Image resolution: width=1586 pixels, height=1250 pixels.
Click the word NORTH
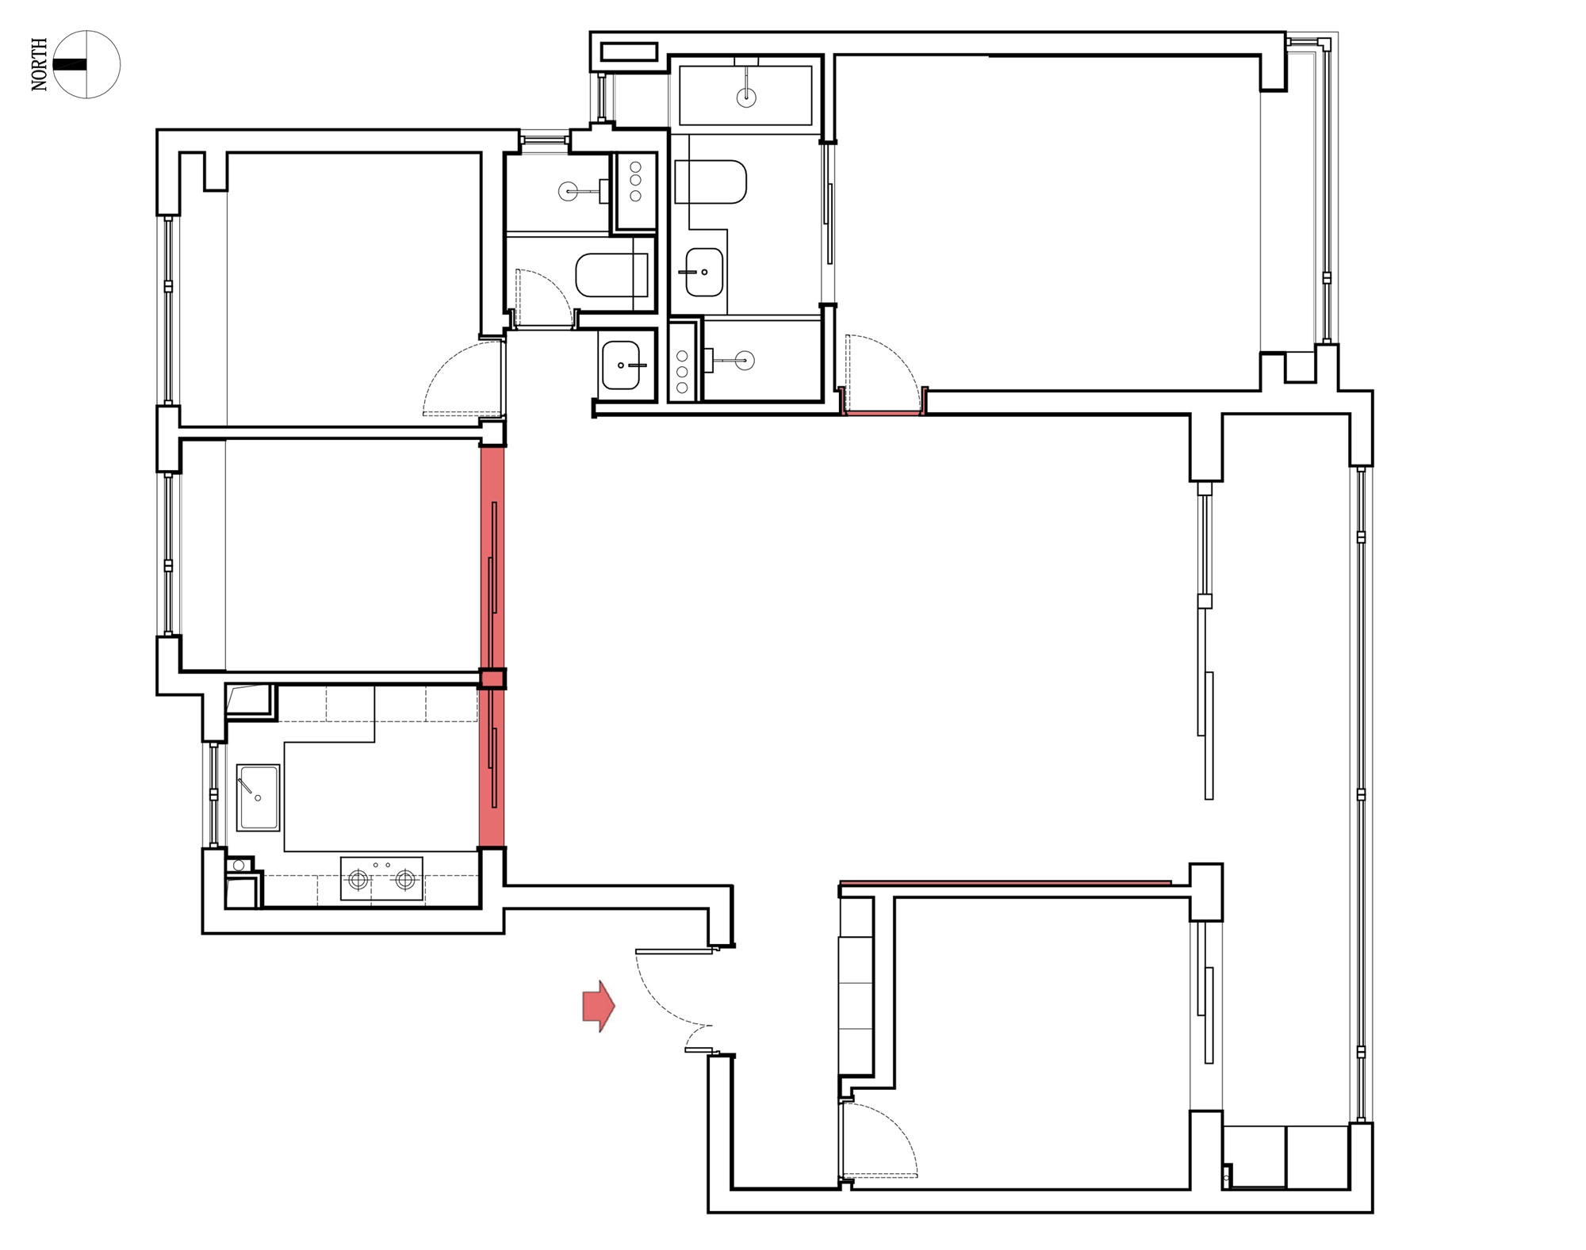point(40,64)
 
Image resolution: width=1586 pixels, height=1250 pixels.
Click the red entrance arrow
point(599,1006)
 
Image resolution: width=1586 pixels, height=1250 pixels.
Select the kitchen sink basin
point(258,797)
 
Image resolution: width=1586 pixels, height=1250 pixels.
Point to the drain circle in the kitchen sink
point(258,798)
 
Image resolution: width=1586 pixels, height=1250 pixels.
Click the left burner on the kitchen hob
point(358,878)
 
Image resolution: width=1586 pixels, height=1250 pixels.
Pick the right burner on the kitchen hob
point(405,878)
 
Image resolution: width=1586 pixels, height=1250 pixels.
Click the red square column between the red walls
point(492,679)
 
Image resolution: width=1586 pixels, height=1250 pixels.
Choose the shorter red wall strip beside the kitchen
point(492,768)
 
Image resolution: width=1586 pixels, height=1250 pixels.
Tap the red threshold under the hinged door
point(883,413)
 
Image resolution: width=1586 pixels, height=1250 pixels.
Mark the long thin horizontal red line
point(1006,882)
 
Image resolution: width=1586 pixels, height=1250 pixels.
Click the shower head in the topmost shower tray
point(746,97)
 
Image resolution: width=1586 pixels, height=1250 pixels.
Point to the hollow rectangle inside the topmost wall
point(630,52)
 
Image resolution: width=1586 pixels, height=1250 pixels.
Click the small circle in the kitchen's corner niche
point(239,866)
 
